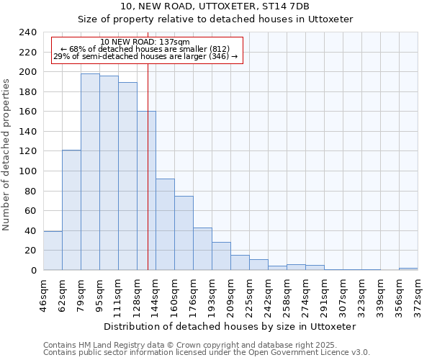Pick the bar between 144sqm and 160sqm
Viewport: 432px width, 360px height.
(x=165, y=224)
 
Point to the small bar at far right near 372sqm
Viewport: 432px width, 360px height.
(x=408, y=269)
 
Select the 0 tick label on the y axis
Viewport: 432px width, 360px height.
(x=33, y=271)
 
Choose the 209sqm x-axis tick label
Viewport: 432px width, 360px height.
(x=230, y=296)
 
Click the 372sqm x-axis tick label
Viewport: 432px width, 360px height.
(x=418, y=296)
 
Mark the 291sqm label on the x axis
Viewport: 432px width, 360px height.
(x=324, y=296)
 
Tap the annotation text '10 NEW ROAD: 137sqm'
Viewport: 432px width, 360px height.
(x=145, y=42)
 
